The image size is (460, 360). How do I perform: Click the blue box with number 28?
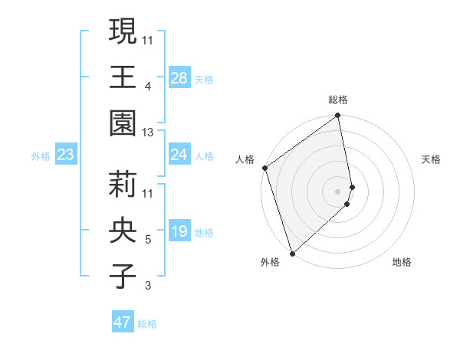coord(179,78)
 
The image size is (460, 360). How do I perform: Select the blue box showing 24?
coord(179,155)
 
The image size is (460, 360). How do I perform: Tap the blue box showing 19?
coord(179,232)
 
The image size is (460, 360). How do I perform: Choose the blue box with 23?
coord(65,155)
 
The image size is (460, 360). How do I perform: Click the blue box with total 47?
coord(123,322)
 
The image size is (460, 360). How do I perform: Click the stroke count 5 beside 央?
coord(148,240)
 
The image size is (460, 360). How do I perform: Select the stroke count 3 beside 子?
coord(148,286)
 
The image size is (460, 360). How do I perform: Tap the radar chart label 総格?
coord(338,100)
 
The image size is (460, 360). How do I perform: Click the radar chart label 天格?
coord(432,159)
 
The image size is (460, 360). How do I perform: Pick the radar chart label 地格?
coord(402,262)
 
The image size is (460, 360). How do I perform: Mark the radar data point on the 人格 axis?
coord(264,168)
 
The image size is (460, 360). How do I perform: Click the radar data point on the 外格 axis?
coord(292,253)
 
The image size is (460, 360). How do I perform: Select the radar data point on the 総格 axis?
coord(338,116)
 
